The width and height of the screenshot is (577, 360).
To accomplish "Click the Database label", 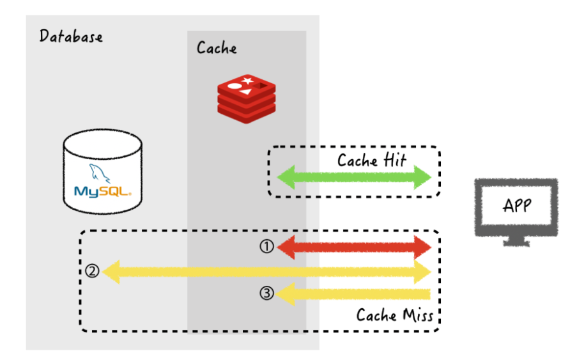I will pos(71,36).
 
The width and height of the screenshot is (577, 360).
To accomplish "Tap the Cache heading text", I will pos(217,48).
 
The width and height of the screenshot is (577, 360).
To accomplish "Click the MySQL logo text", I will pos(102,191).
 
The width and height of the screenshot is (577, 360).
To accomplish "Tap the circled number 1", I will pos(267,247).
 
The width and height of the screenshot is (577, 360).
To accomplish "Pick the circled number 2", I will pos(92,271).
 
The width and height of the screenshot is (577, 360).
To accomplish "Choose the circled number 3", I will pos(267,293).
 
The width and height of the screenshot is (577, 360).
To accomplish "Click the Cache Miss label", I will pos(394,315).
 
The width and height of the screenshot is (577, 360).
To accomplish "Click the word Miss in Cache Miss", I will pos(417,315).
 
